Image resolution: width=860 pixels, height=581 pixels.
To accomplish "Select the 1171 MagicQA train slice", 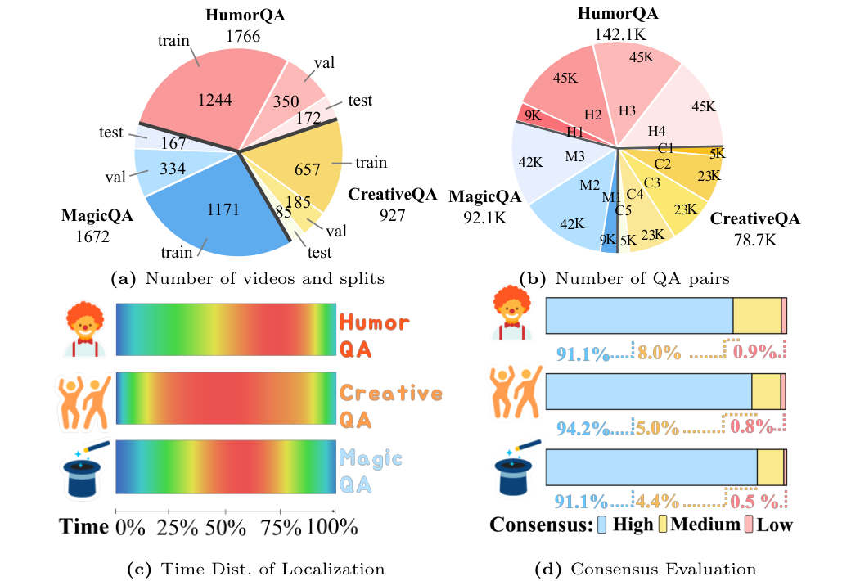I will tap(223, 209).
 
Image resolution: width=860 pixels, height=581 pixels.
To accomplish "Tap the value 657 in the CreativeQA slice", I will tap(308, 169).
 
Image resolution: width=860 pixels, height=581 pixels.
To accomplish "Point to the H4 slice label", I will tap(656, 130).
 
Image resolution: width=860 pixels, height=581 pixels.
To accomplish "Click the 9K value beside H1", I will tap(532, 115).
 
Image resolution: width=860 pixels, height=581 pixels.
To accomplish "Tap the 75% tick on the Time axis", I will tap(281, 526).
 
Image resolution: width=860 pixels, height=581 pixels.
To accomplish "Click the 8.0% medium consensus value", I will tap(660, 353).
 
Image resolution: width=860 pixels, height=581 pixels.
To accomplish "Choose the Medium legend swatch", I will tap(662, 525).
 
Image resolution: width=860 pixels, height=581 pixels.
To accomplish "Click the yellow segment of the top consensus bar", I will tap(757, 316).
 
